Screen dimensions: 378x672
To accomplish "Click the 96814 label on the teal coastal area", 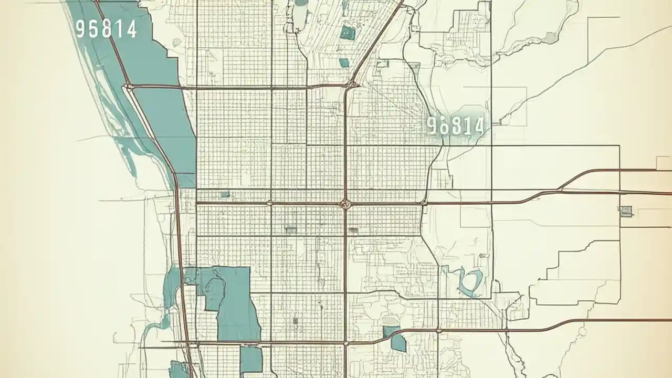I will pos(106,28).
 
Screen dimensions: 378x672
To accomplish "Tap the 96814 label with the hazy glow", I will pos(455,125).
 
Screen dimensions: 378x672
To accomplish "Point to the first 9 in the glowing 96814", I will pos(432,125).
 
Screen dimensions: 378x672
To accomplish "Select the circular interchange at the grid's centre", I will pos(345,203).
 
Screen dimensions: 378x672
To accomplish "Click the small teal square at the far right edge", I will pos(626,211).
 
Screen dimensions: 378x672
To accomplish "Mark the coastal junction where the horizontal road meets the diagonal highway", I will pos(128,86).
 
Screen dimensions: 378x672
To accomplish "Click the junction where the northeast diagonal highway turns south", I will pos(351,85).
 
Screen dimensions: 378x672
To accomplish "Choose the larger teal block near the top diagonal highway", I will pos(347,33).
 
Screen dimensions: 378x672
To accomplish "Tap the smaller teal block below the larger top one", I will pos(344,63).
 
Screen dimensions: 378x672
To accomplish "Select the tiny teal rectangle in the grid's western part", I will pos(225,194).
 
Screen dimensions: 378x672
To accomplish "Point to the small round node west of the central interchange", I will pos(270,203).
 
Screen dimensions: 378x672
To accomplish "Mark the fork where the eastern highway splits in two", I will pos(561,188).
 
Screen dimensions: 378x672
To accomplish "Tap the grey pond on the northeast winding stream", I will pos(550,37).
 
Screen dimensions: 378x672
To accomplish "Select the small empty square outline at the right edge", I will pos(664,163).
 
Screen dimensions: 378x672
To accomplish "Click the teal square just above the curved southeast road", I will pos(390,331).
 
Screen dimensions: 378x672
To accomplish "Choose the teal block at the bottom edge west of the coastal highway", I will pos(178,370).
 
